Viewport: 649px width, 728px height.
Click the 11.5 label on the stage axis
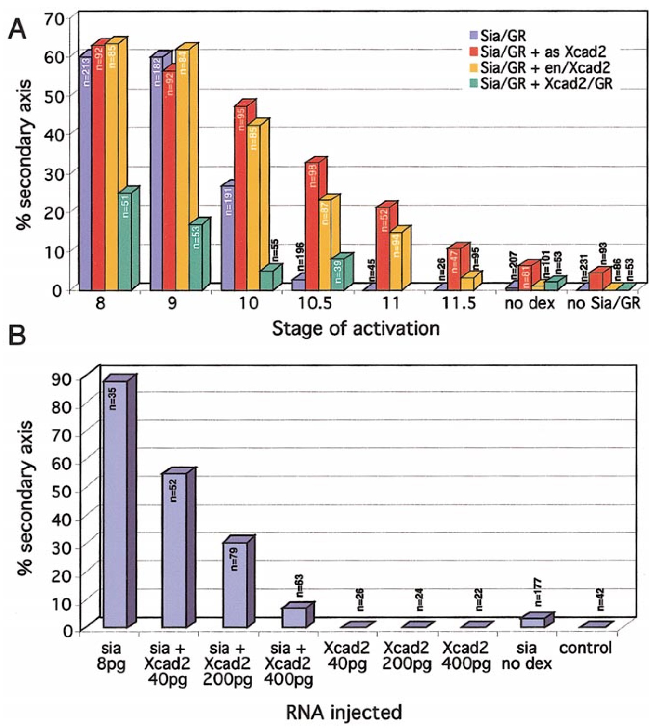tap(458, 303)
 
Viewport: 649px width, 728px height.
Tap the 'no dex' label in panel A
tap(530, 304)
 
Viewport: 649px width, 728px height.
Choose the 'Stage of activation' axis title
tap(356, 328)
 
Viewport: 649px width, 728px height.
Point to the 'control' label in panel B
tap(585, 648)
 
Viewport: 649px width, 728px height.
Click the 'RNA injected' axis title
tap(344, 712)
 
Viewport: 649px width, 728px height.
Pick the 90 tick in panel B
tap(61, 379)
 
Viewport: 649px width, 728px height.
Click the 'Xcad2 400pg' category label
tap(465, 656)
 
